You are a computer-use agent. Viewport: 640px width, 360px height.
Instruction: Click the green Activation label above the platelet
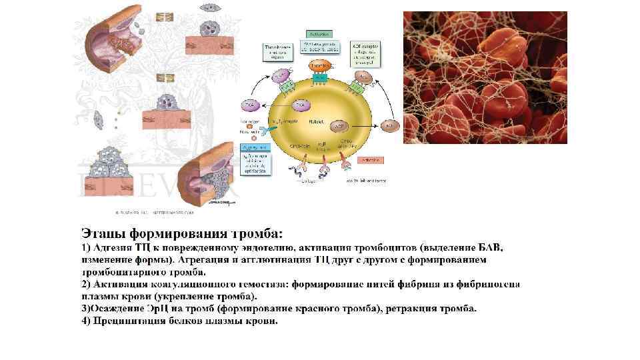[318, 32]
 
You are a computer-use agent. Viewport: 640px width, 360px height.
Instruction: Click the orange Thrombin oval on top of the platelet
[320, 67]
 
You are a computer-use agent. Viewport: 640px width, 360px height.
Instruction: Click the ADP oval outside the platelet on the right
[391, 125]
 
